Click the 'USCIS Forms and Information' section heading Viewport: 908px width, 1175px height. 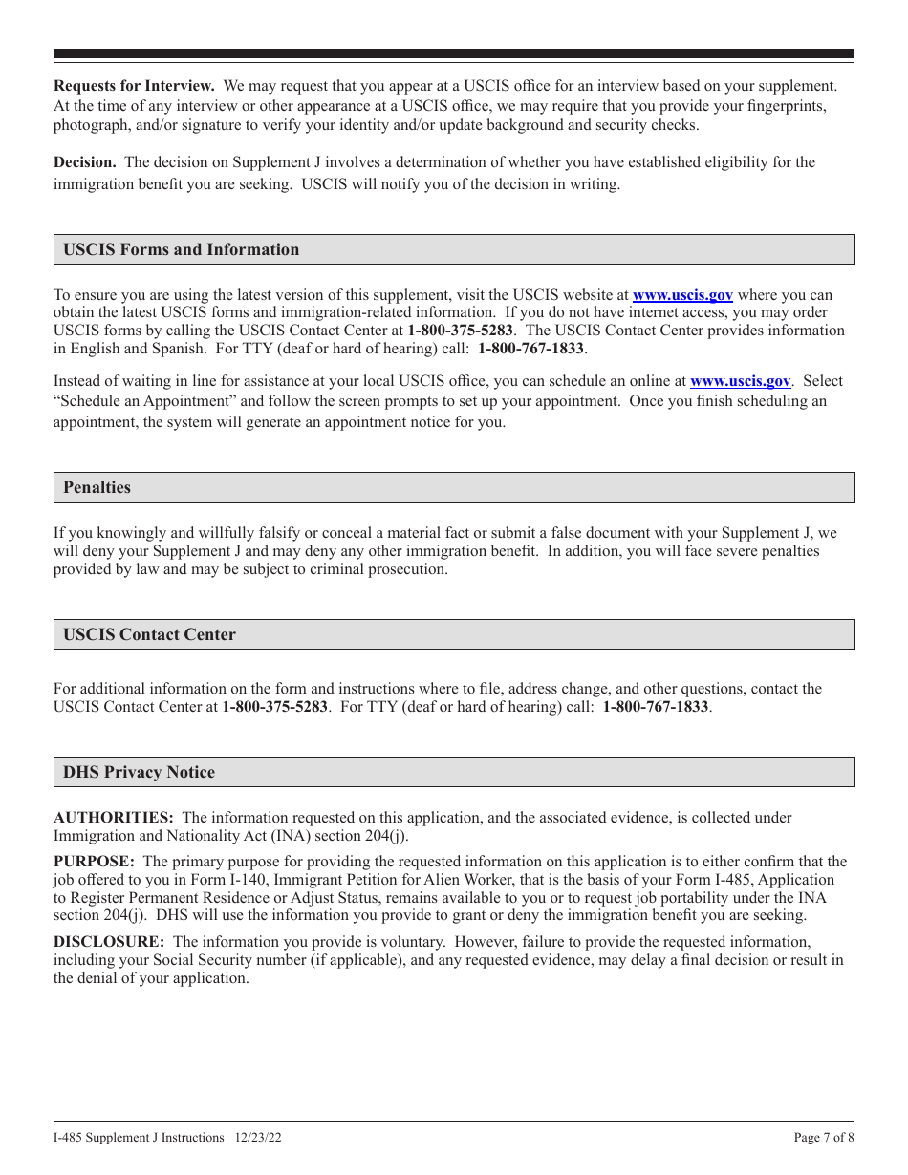[181, 249]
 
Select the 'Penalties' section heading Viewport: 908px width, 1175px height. [97, 487]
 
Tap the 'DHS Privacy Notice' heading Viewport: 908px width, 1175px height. [139, 772]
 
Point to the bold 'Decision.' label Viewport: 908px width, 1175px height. [85, 162]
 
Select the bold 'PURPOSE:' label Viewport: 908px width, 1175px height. [94, 862]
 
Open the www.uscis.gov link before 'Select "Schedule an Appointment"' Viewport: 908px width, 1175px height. [740, 381]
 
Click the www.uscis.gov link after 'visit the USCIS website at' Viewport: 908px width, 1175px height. [682, 295]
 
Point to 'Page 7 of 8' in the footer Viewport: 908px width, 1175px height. [824, 1138]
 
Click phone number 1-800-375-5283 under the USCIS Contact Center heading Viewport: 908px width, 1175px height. [274, 707]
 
